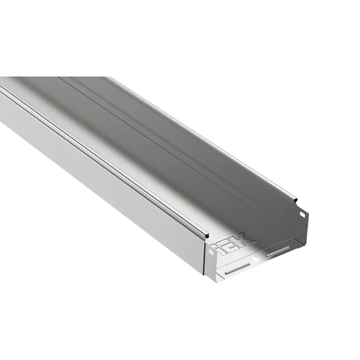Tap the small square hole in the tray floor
tap(255, 261)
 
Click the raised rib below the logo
tap(238, 269)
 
